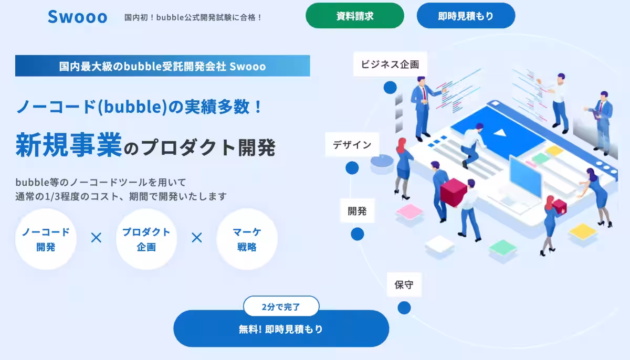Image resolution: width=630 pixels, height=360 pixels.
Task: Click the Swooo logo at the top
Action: click(x=77, y=16)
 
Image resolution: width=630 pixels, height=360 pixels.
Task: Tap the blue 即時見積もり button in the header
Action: click(x=466, y=16)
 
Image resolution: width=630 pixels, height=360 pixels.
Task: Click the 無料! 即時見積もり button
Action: click(x=281, y=329)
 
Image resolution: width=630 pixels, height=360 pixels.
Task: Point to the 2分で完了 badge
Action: click(x=281, y=306)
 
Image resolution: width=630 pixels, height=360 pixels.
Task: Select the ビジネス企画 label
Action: click(x=390, y=65)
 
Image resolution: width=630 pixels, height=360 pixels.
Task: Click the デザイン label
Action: click(x=352, y=145)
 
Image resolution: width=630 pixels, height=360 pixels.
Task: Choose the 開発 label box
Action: click(x=357, y=211)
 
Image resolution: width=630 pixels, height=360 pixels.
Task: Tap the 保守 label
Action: click(x=404, y=285)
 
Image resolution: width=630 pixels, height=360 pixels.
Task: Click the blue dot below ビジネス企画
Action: click(x=390, y=88)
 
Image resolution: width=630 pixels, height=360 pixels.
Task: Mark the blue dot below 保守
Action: click(x=404, y=308)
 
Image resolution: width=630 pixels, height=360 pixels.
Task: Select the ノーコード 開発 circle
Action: click(x=46, y=239)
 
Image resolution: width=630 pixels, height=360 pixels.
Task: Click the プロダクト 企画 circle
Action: click(x=146, y=239)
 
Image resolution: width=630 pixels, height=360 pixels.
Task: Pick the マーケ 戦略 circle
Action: click(x=247, y=239)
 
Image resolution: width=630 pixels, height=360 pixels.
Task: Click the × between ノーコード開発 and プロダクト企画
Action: click(x=96, y=238)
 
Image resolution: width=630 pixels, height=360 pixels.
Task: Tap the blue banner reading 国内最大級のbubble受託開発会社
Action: click(x=162, y=66)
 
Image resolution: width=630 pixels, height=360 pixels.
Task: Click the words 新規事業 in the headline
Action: click(x=68, y=145)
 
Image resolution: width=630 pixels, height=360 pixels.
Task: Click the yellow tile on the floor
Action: click(x=583, y=230)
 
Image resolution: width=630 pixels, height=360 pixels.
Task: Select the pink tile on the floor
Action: click(x=409, y=211)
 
